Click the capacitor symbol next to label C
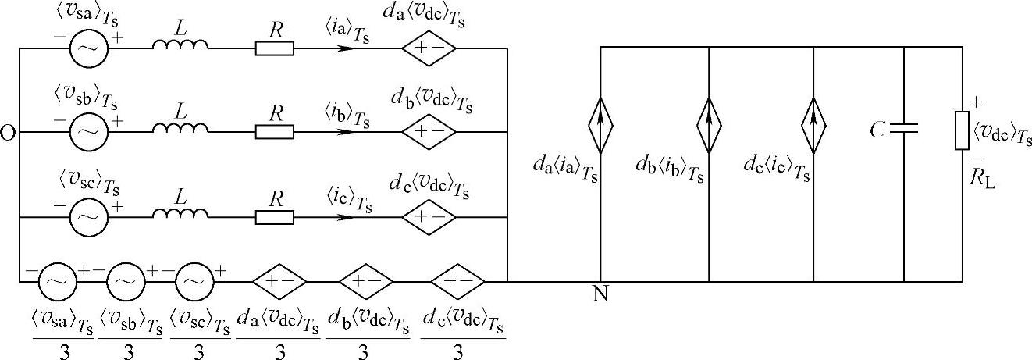tap(903, 130)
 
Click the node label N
tap(600, 294)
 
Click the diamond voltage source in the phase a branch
tap(429, 48)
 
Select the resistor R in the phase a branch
tap(275, 48)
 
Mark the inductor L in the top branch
tap(181, 46)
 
